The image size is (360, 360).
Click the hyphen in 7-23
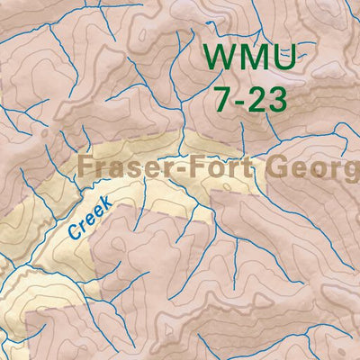tap(239, 99)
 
